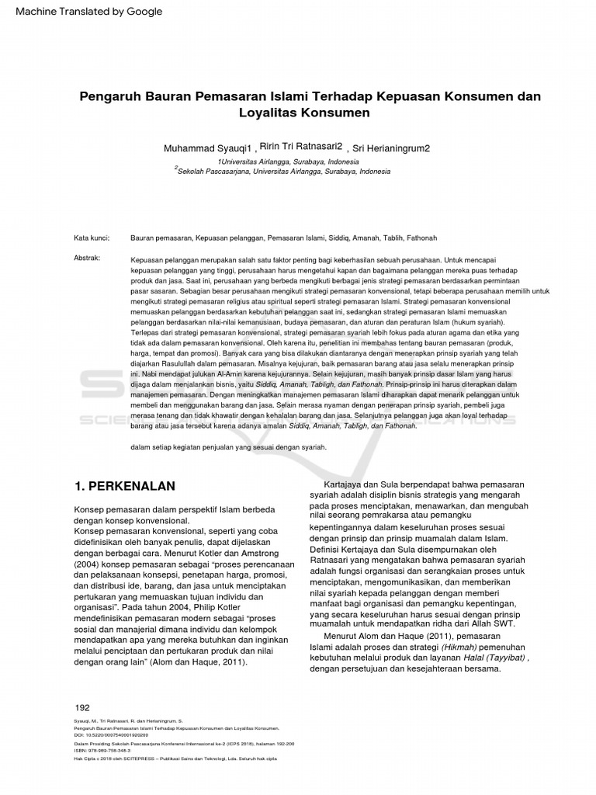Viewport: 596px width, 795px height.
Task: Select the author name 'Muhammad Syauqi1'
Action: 208,148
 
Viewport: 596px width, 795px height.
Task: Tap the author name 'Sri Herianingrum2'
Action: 393,148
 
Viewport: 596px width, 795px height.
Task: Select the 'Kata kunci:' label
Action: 92,238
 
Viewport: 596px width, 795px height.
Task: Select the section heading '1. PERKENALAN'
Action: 124,486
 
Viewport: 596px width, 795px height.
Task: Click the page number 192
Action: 82,707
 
